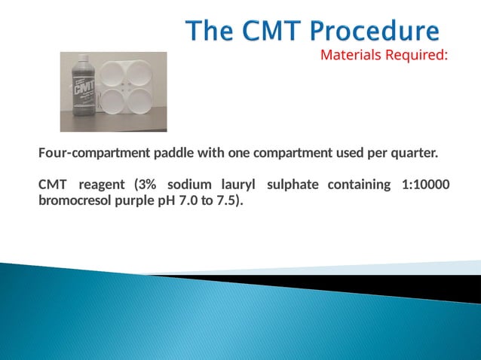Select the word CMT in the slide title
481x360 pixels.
click(x=269, y=32)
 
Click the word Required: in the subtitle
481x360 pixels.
click(x=416, y=54)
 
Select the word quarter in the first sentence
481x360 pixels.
click(x=414, y=154)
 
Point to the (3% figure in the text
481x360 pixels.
click(x=145, y=185)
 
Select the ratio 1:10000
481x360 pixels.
click(x=425, y=185)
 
